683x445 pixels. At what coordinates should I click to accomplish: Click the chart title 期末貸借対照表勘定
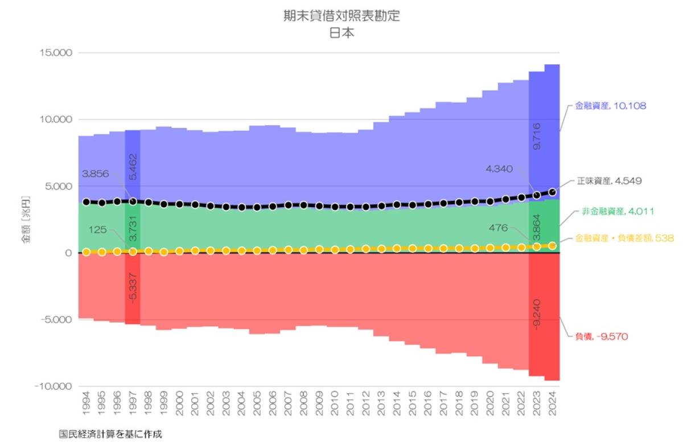[x=341, y=16]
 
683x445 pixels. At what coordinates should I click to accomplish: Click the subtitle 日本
[x=341, y=32]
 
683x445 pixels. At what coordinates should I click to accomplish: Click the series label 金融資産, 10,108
[x=610, y=106]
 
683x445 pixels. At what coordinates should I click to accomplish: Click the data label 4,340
[x=500, y=168]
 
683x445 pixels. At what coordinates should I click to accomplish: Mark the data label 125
[x=98, y=229]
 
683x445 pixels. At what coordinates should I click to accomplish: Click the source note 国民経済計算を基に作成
[x=110, y=434]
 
